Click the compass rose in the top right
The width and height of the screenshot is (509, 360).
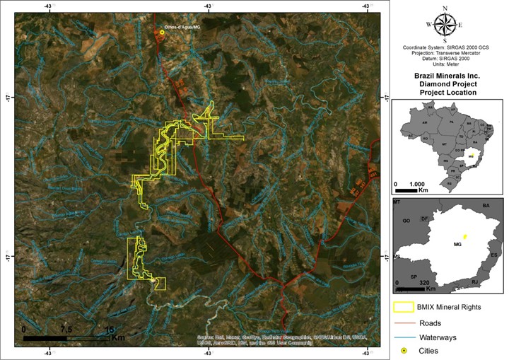click(445, 25)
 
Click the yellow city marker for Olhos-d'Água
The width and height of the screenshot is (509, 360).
click(162, 32)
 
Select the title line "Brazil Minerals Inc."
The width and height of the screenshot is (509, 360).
click(447, 75)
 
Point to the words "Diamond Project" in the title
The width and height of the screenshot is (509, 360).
click(447, 83)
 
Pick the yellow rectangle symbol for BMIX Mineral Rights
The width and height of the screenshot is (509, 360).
click(404, 307)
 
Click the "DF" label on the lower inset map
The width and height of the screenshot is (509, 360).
click(425, 219)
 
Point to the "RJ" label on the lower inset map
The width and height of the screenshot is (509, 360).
click(474, 282)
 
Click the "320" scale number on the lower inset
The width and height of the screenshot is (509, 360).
click(424, 282)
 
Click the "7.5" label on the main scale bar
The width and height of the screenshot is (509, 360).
click(66, 330)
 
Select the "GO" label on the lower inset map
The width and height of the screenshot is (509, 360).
click(406, 221)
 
